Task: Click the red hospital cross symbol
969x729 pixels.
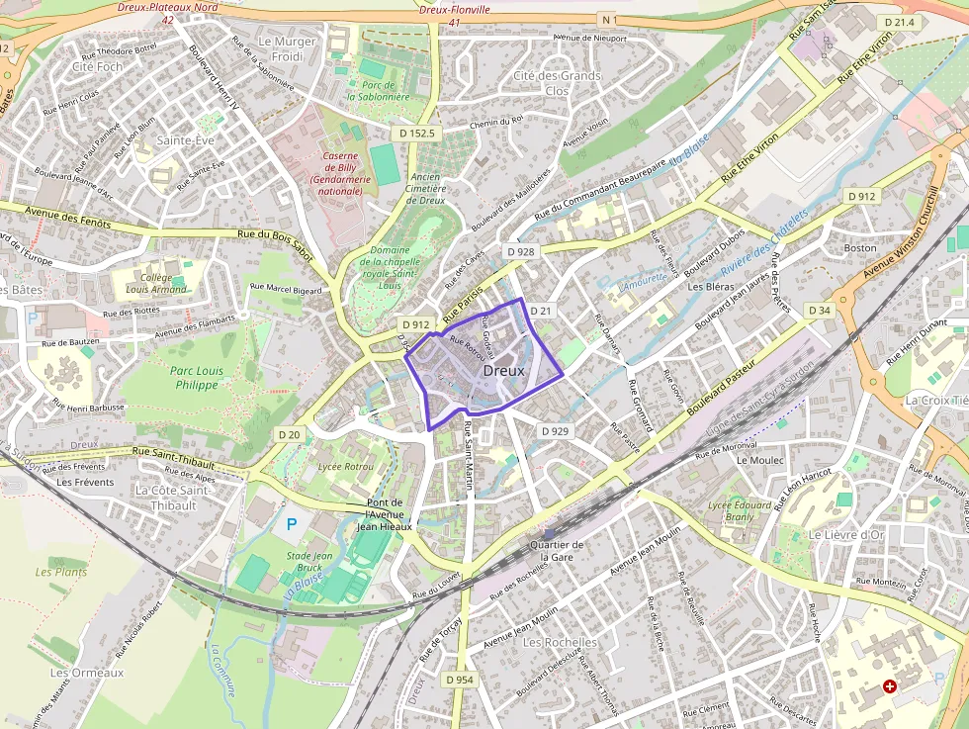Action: click(x=890, y=685)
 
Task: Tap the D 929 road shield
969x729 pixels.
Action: click(x=556, y=431)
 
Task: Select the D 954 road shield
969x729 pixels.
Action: click(x=460, y=680)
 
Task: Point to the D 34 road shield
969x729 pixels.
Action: click(x=820, y=311)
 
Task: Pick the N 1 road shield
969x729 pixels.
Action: click(x=607, y=19)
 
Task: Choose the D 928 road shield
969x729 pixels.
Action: click(x=521, y=251)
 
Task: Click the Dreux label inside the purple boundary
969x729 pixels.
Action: click(x=504, y=370)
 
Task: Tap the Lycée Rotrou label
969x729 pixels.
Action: click(x=345, y=466)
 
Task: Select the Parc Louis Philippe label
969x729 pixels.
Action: click(x=196, y=378)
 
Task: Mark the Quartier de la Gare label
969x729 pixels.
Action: click(x=557, y=551)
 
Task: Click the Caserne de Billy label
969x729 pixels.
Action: click(x=339, y=173)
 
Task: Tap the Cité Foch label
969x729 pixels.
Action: click(x=97, y=66)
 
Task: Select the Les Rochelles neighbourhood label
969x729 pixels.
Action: click(x=560, y=642)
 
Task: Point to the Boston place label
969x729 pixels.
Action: click(x=860, y=247)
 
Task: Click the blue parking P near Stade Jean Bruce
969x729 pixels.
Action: click(x=291, y=523)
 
